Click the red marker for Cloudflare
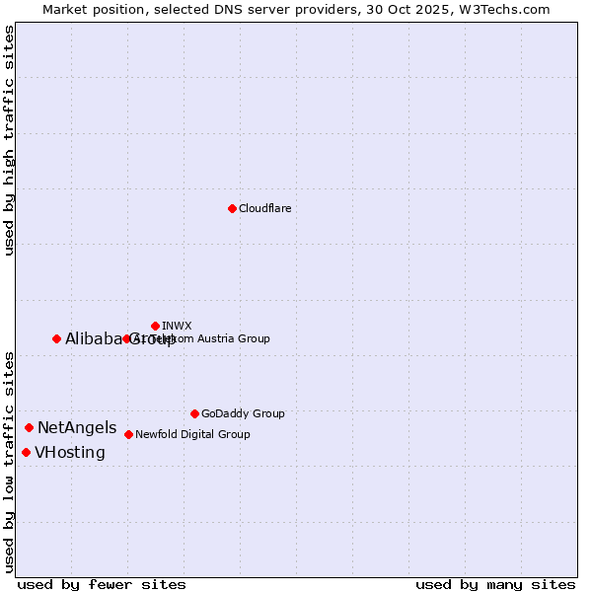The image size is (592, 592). pyautogui.click(x=232, y=208)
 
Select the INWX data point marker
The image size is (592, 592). pyautogui.click(x=155, y=326)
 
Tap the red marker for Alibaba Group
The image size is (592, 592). pyautogui.click(x=56, y=338)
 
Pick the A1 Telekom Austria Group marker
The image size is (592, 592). pyautogui.click(x=126, y=338)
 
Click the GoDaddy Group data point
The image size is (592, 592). pyautogui.click(x=194, y=413)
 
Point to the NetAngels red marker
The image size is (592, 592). pyautogui.click(x=29, y=427)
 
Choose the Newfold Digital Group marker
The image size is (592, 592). pyautogui.click(x=128, y=434)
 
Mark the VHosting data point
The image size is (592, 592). pyautogui.click(x=26, y=452)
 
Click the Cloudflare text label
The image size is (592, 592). pyautogui.click(x=264, y=208)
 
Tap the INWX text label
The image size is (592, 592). pyautogui.click(x=177, y=326)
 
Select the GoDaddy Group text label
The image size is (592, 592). pyautogui.click(x=243, y=413)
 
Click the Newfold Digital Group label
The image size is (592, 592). pyautogui.click(x=192, y=434)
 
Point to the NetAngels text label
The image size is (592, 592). pyautogui.click(x=77, y=427)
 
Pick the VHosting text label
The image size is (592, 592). pyautogui.click(x=70, y=452)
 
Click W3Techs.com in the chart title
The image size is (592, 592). pyautogui.click(x=507, y=9)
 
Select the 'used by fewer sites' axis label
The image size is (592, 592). pyautogui.click(x=102, y=584)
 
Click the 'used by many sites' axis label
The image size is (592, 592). pyautogui.click(x=495, y=584)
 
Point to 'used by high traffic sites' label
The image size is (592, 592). pyautogui.click(x=9, y=141)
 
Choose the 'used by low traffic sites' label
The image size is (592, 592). pyautogui.click(x=9, y=462)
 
